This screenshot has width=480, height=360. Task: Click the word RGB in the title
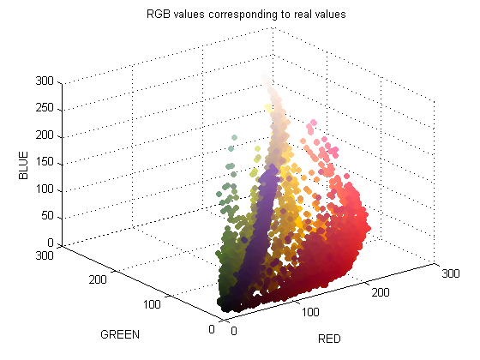[x=159, y=15]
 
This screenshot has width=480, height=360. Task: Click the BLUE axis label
[x=24, y=164]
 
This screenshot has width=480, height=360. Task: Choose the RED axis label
[x=329, y=339]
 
